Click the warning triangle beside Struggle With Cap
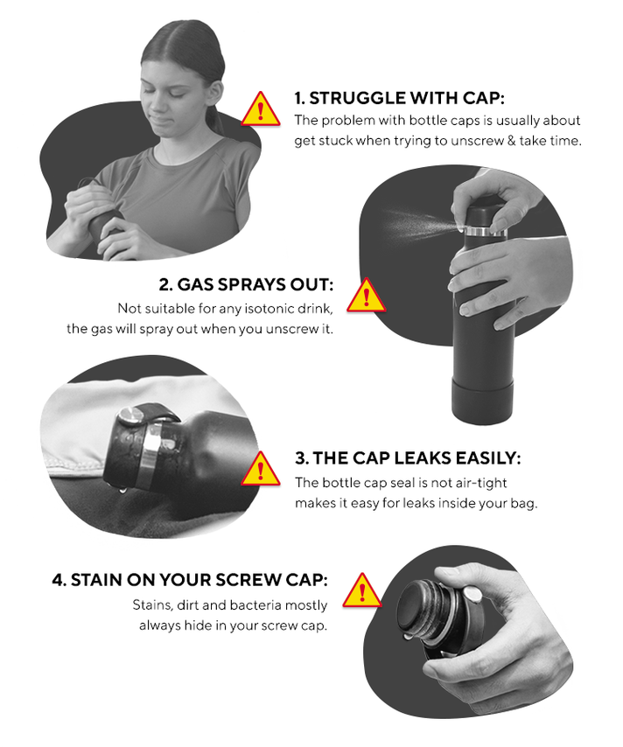click(x=260, y=110)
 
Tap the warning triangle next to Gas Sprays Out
click(x=366, y=297)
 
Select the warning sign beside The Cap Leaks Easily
click(x=260, y=470)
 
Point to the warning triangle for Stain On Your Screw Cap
click(x=362, y=591)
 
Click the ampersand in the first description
click(x=512, y=141)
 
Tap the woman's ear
click(x=216, y=92)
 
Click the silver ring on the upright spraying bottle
click(x=485, y=232)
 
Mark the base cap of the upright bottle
click(x=482, y=399)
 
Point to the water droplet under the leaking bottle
click(x=122, y=488)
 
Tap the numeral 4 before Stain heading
click(x=58, y=580)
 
